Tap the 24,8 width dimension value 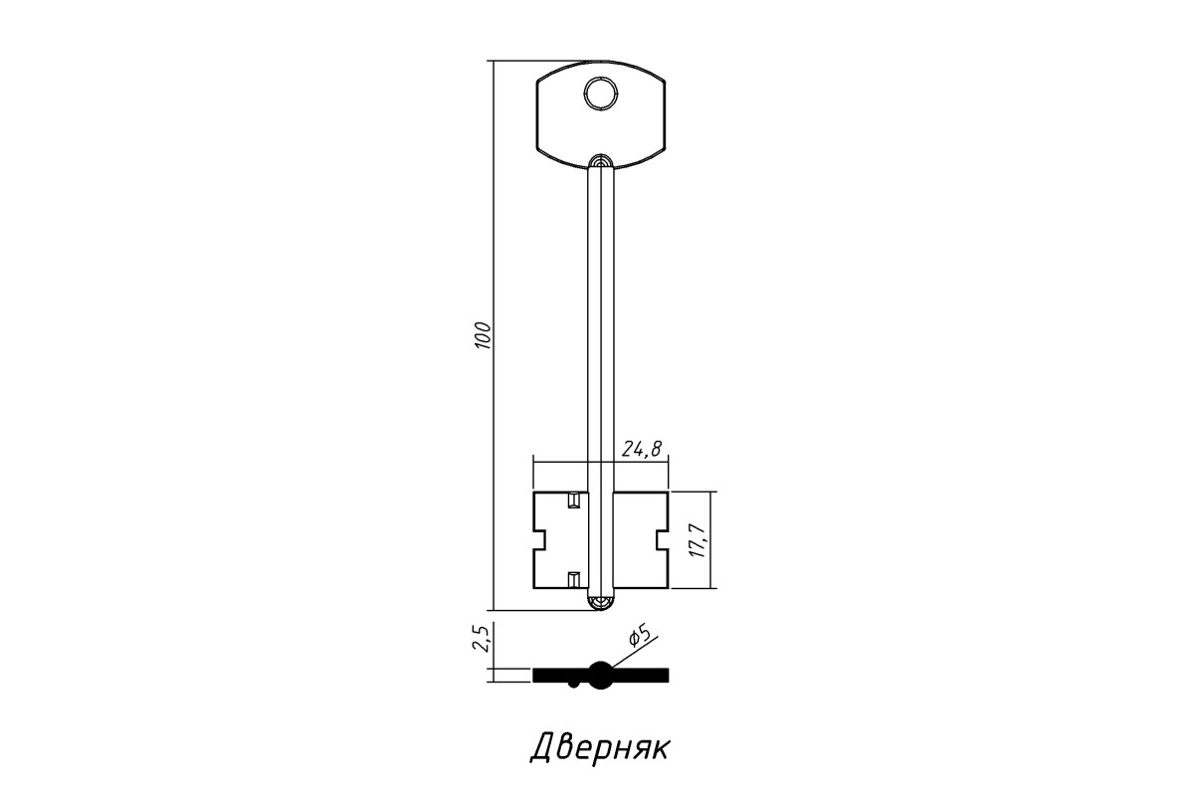point(642,450)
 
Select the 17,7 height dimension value point(697,540)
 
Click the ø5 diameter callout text point(641,637)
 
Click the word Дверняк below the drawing point(599,748)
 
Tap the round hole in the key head point(601,94)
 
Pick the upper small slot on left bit point(573,500)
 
